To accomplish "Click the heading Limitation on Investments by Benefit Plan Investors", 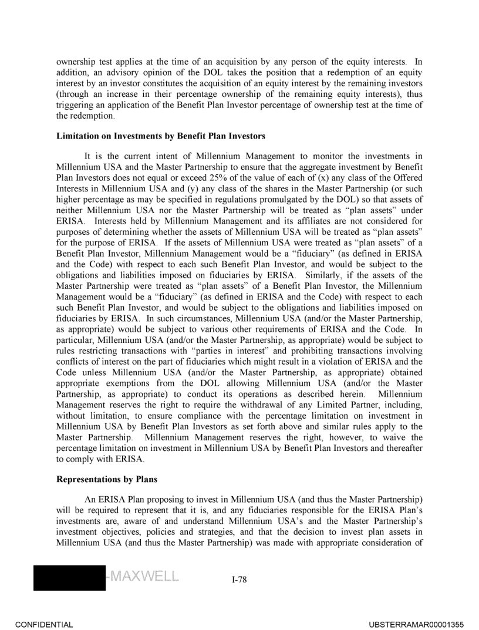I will tap(161, 136).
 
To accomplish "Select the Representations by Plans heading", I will tap(107, 479).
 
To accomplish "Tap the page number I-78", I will tap(239, 580).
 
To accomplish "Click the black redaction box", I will tap(69, 574).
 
